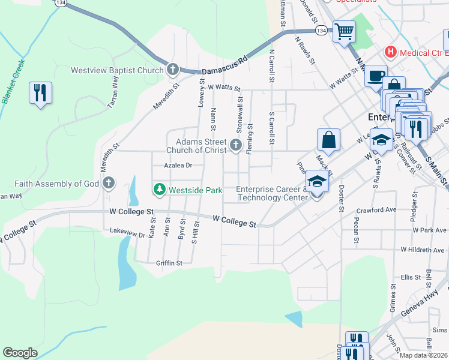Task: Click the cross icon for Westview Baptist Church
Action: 172,70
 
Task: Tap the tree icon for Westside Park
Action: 160,190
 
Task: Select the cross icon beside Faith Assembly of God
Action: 108,183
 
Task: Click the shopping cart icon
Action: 344,31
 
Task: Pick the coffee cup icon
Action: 376,75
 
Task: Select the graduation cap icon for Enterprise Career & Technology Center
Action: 316,181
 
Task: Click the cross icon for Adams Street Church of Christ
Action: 235,145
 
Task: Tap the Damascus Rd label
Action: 225,64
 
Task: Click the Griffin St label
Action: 169,263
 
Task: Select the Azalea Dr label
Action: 178,165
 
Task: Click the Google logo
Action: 20,353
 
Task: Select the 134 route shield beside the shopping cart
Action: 322,30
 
